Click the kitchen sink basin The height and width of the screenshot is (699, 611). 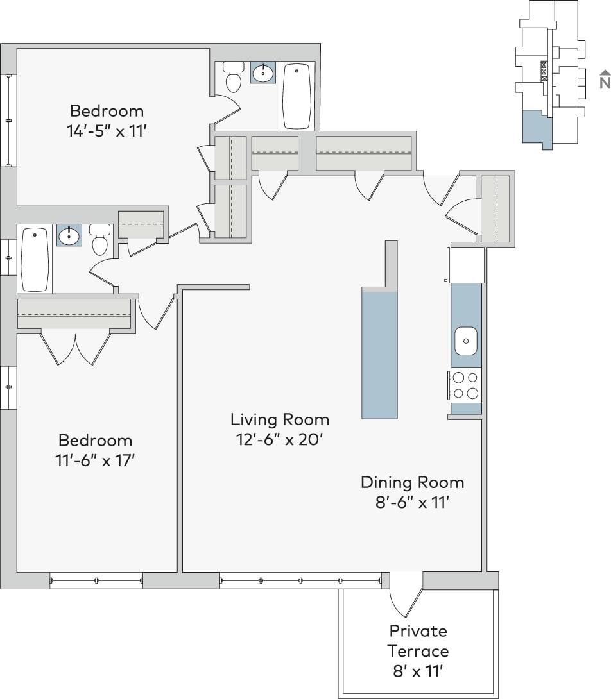click(467, 341)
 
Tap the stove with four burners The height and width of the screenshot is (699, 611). click(467, 385)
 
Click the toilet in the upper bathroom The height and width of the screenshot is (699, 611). click(234, 76)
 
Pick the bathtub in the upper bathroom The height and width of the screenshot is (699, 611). click(297, 96)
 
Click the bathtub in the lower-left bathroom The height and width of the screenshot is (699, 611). click(35, 259)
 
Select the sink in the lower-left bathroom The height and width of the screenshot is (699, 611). click(69, 236)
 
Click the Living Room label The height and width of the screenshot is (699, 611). click(280, 420)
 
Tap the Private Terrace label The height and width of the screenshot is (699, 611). click(418, 641)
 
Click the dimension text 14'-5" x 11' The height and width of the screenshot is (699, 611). click(107, 131)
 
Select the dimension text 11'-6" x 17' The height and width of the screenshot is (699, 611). click(96, 461)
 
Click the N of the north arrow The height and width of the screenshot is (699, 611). click(604, 83)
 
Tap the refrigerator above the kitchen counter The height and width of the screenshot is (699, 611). click(467, 264)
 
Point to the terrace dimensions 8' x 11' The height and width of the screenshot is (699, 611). click(418, 672)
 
